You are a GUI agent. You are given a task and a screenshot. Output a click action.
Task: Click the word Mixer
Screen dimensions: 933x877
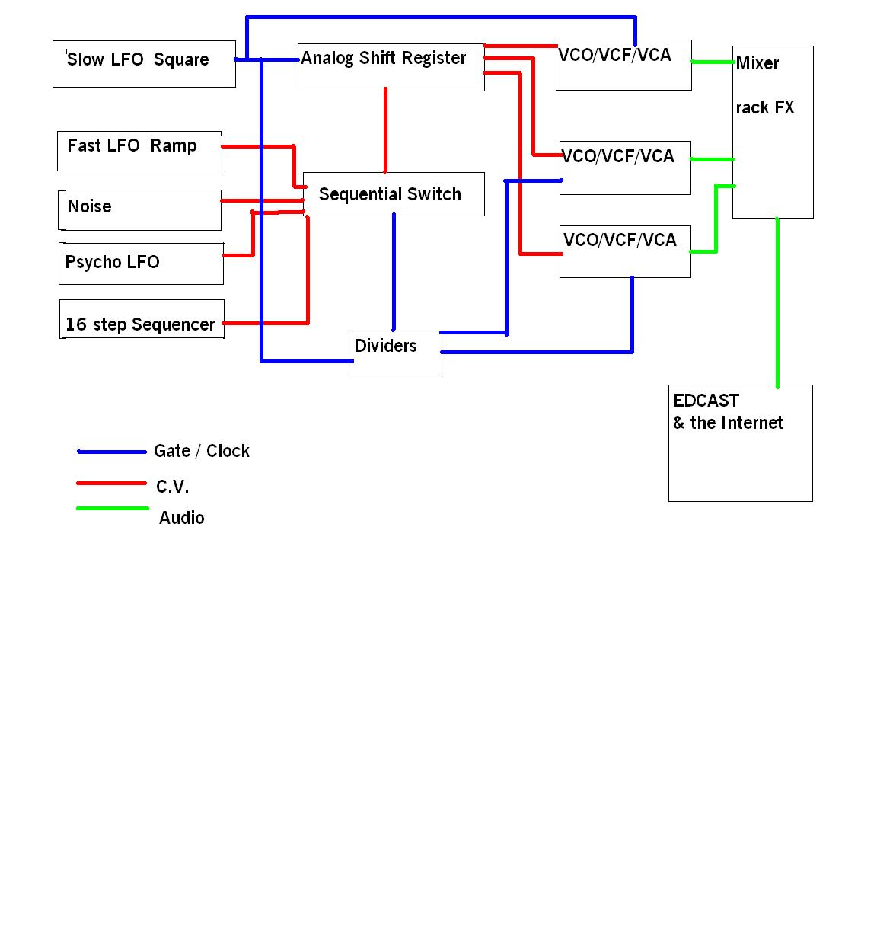[757, 63]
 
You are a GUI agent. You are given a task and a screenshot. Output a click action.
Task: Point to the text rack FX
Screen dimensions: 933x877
[764, 108]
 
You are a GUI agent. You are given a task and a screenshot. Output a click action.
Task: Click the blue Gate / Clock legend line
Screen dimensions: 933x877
[112, 452]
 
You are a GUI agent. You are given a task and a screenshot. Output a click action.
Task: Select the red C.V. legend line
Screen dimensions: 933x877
[111, 483]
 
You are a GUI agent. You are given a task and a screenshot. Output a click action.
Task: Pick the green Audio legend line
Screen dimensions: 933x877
[112, 508]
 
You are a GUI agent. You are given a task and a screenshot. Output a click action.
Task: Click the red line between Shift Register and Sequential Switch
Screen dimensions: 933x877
[385, 129]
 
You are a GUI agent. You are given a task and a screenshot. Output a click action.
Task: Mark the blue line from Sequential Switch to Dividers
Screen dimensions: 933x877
[394, 271]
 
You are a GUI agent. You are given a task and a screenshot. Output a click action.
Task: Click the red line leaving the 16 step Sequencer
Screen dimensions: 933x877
[266, 323]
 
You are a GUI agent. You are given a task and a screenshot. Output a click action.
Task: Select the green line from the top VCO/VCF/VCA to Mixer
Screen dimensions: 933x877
[712, 62]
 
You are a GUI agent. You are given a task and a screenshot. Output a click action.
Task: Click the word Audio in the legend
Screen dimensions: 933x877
[181, 518]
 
